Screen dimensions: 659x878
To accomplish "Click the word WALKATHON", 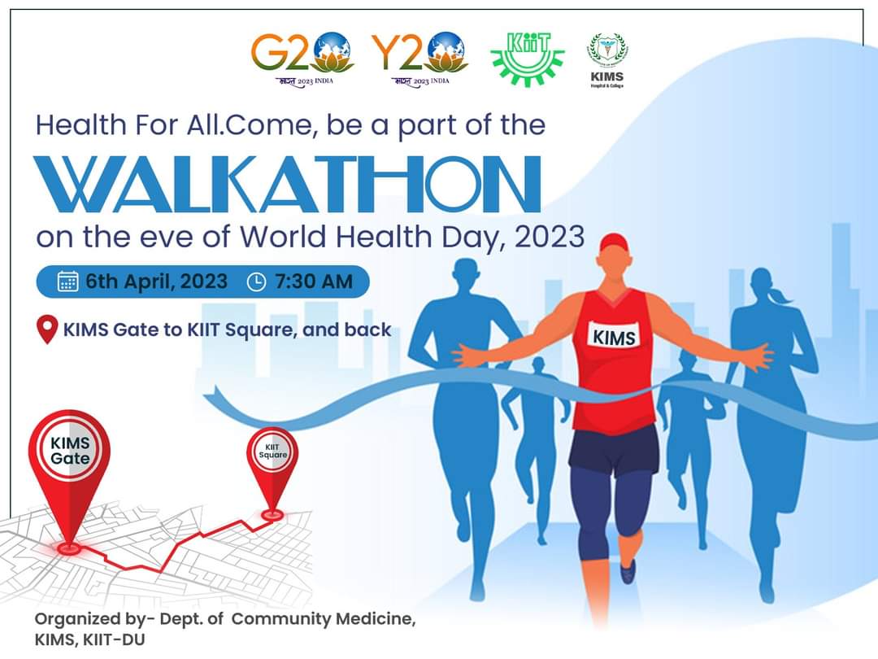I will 288,185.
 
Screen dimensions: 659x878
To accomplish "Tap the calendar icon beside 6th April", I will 68,281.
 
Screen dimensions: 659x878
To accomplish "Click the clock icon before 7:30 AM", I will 255,281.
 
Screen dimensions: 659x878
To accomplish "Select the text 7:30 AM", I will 314,281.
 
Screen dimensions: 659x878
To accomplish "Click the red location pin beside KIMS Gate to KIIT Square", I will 48,329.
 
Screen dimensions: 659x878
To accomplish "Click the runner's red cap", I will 615,242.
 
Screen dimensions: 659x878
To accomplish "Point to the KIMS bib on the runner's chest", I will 615,335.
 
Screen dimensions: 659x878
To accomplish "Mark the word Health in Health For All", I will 81,125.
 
